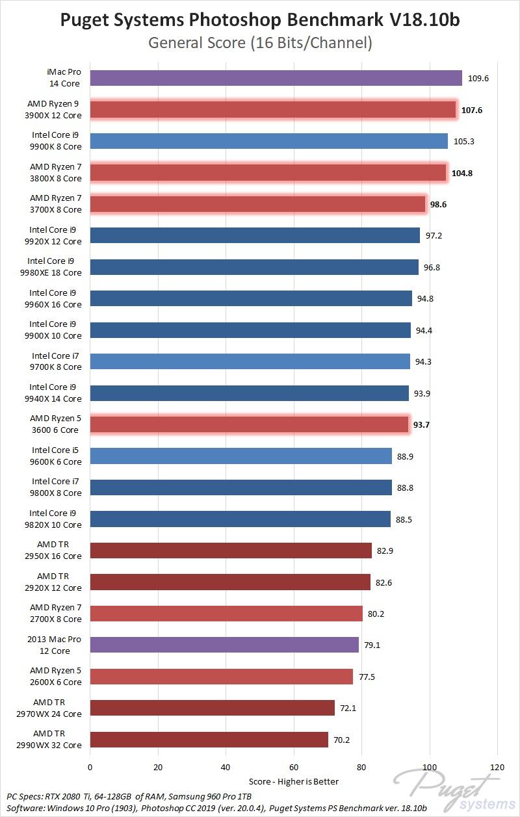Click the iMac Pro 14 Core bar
coord(276,78)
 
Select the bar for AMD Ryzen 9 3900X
coord(273,110)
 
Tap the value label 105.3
coord(463,141)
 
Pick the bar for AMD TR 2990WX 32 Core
coord(209,740)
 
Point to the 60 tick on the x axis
coord(294,767)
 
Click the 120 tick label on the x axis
coord(497,767)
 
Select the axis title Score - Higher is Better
coord(294,781)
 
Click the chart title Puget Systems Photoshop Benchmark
coord(260,21)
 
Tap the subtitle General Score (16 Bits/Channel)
coord(260,44)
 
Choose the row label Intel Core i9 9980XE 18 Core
coord(55,267)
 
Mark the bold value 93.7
coord(419,425)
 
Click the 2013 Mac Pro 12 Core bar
coord(224,645)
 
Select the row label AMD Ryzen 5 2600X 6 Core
coord(56,676)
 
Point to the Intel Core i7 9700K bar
coord(250,361)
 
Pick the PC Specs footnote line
coord(129,796)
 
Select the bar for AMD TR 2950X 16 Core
coord(231,551)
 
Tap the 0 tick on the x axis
coord(90,767)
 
